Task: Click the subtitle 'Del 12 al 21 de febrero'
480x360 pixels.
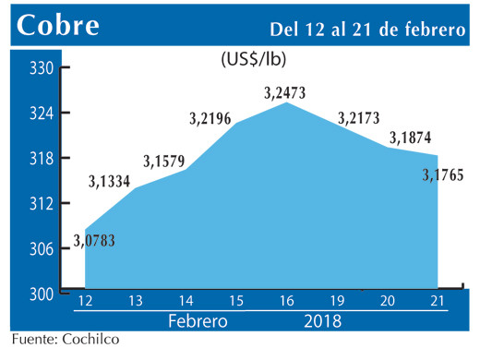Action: pyautogui.click(x=366, y=29)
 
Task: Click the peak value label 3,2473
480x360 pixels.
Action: pyautogui.click(x=284, y=92)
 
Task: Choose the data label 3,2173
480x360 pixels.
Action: pyautogui.click(x=360, y=117)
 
